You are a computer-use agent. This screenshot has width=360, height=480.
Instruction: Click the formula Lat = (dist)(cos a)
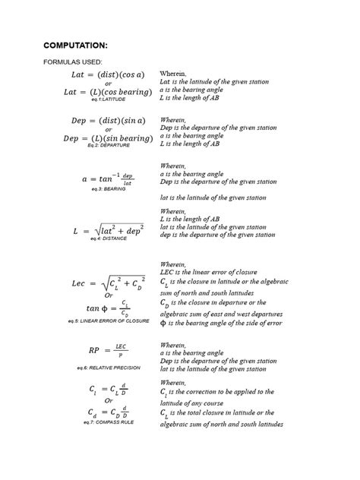point(103,74)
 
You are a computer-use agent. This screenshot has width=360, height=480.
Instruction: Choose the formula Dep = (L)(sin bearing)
point(103,137)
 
